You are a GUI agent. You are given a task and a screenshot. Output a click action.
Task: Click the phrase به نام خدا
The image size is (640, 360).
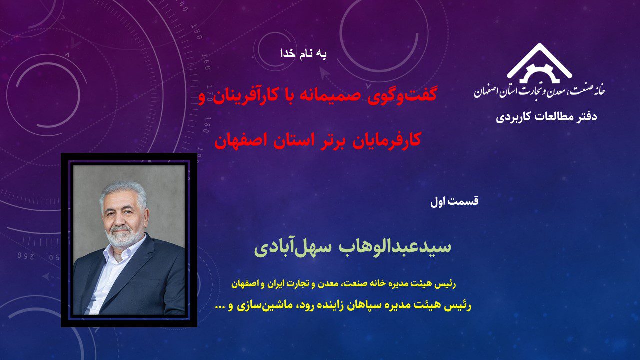303,54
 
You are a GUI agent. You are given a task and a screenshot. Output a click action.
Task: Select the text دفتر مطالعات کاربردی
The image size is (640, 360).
546,117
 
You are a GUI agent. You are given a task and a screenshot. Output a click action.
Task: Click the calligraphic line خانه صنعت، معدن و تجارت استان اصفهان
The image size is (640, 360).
539,91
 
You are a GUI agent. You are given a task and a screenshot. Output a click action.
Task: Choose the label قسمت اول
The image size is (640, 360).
454,201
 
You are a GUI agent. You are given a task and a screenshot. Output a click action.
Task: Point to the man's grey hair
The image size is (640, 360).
123,192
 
